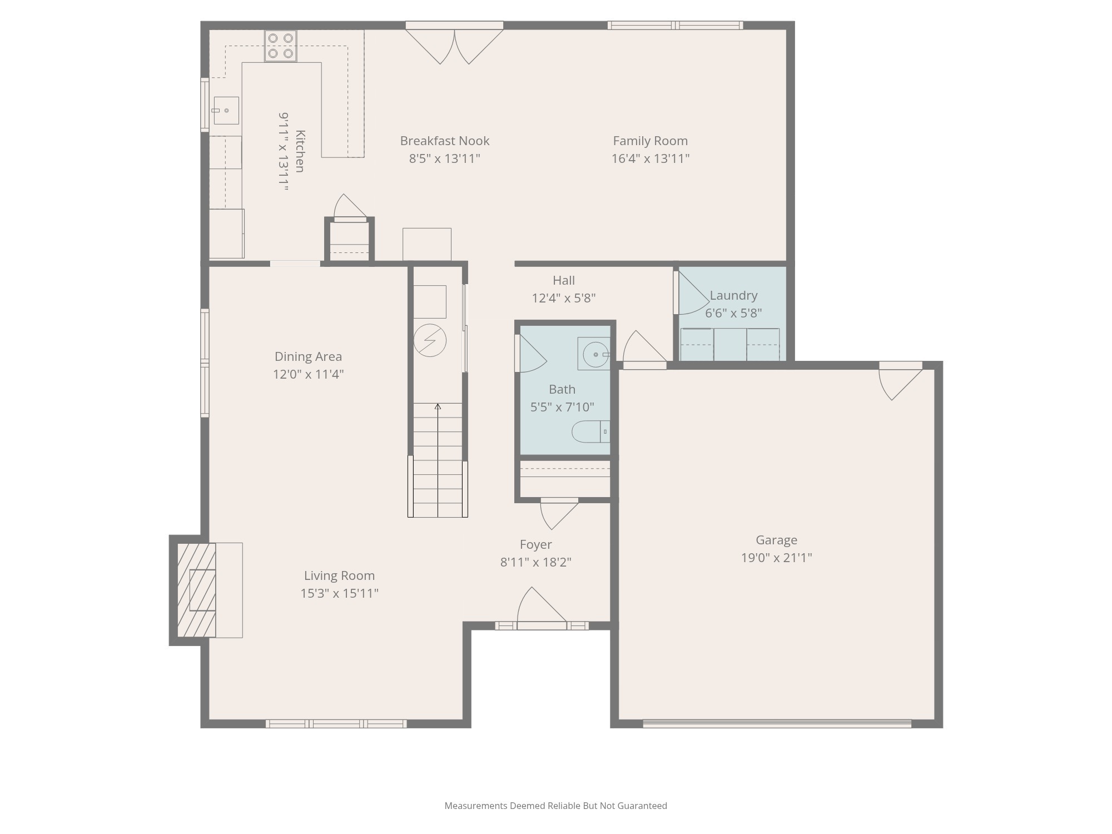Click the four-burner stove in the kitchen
tap(280, 46)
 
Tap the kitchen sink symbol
tap(226, 110)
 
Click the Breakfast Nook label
tap(444, 141)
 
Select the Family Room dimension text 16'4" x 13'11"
tap(650, 158)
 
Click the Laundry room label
tap(733, 295)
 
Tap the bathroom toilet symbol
tap(590, 431)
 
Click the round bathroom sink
tap(595, 354)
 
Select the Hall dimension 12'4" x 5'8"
tap(563, 298)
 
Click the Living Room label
tap(339, 575)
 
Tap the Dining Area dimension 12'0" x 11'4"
tap(308, 374)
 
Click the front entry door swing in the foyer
tap(539, 609)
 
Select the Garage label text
tap(776, 540)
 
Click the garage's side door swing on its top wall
tap(897, 383)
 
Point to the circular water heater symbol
tap(430, 340)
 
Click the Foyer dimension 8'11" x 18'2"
tap(535, 562)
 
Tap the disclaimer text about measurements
tap(555, 806)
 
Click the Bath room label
tap(562, 389)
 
